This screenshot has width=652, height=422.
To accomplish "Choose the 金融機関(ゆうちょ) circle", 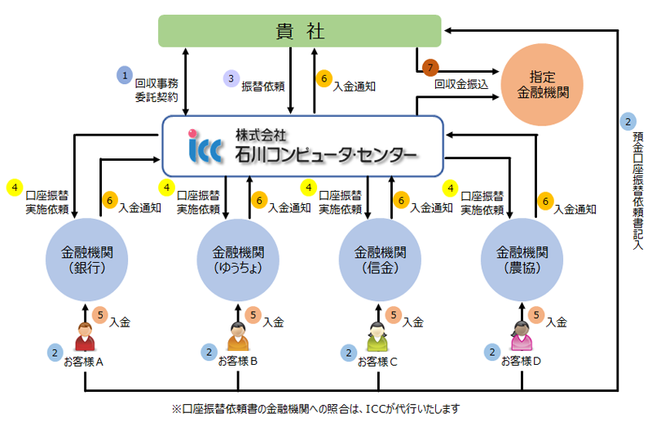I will [237, 260].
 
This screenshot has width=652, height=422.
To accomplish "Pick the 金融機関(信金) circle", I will [377, 260].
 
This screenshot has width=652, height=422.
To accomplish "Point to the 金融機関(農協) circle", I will [520, 260].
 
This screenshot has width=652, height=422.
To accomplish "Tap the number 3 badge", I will [231, 79].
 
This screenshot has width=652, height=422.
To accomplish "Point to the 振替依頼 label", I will [262, 86].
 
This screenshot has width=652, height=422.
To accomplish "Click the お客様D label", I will [521, 362].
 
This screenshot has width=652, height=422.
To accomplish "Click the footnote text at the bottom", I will [321, 408].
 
